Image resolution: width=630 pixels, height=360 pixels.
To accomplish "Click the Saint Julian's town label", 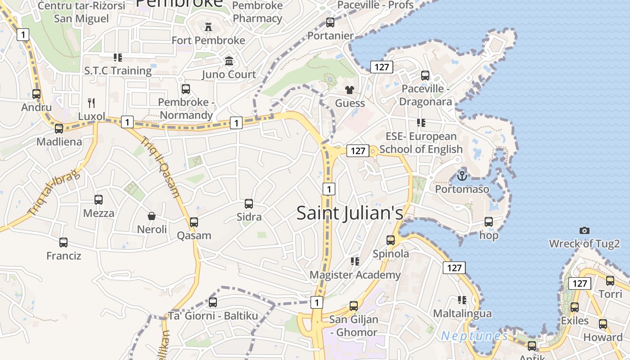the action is coord(350,213).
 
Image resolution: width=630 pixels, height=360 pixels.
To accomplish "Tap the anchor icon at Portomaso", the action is coord(462,175).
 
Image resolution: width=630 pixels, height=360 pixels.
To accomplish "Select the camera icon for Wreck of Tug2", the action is coord(584,230).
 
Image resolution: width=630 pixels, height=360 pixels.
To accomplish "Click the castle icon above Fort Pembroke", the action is coord(208,27).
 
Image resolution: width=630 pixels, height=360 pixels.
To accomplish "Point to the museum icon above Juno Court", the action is coord(229,61).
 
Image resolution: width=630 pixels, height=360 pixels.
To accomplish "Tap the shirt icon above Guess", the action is coord(350,90).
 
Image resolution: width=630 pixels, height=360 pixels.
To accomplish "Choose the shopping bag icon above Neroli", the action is coord(152,216).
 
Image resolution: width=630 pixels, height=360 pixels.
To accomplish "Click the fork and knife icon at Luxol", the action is coord(91,103).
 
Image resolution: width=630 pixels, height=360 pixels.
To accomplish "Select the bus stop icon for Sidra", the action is coord(249,204).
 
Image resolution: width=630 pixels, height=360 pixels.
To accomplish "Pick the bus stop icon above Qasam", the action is coord(194,222).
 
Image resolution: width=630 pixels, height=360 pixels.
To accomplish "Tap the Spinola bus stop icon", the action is coord(391,240).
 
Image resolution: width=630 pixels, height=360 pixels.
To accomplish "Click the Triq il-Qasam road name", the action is coord(161,167).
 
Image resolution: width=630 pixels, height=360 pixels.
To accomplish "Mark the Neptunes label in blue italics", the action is coord(474,336).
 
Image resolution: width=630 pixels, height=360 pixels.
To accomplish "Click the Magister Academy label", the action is coord(355,275).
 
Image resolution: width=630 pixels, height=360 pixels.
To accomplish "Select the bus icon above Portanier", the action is coord(330,22).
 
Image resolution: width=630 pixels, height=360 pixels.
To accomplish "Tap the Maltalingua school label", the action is coord(462,313).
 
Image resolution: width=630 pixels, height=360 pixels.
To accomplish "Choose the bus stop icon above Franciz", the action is coord(63,243).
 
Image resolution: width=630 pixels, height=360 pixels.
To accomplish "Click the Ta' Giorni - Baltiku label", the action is coord(213,316).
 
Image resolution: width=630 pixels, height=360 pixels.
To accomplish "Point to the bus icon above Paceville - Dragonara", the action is coord(425,76).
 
